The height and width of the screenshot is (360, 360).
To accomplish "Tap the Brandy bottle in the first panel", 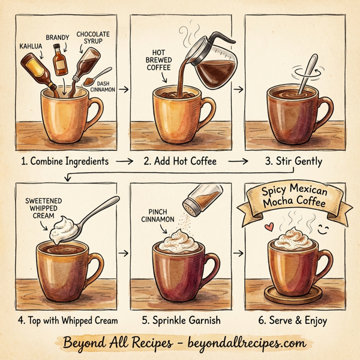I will click(59, 59).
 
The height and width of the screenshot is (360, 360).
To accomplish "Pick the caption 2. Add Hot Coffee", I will click(180, 161).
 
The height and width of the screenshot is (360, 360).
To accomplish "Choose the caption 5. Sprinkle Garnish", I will click(181, 320).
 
